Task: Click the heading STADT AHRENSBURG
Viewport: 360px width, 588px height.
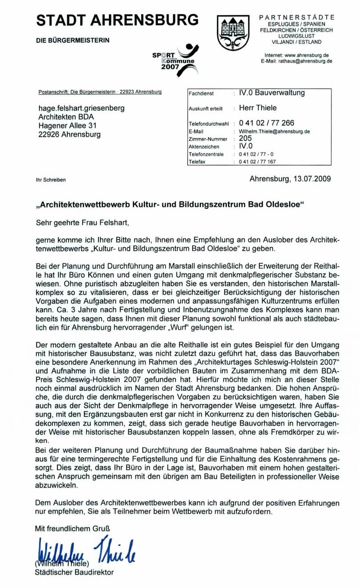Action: (117, 20)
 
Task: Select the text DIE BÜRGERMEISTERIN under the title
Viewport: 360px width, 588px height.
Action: (72, 40)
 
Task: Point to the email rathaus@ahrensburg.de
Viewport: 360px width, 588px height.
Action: (296, 61)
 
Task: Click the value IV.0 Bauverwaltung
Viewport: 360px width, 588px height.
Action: (272, 93)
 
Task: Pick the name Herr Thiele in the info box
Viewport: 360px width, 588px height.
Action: (258, 108)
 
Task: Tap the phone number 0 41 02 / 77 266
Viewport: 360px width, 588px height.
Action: (267, 123)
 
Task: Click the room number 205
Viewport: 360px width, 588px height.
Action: (245, 138)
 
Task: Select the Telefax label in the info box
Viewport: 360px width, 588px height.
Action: (197, 162)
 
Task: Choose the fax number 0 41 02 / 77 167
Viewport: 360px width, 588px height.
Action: (257, 162)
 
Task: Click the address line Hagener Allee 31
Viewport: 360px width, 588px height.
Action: (68, 126)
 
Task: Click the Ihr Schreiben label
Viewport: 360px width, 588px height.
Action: (51, 180)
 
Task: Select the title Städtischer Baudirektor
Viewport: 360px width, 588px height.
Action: (74, 572)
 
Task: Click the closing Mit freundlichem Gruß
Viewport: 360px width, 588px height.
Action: (72, 529)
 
